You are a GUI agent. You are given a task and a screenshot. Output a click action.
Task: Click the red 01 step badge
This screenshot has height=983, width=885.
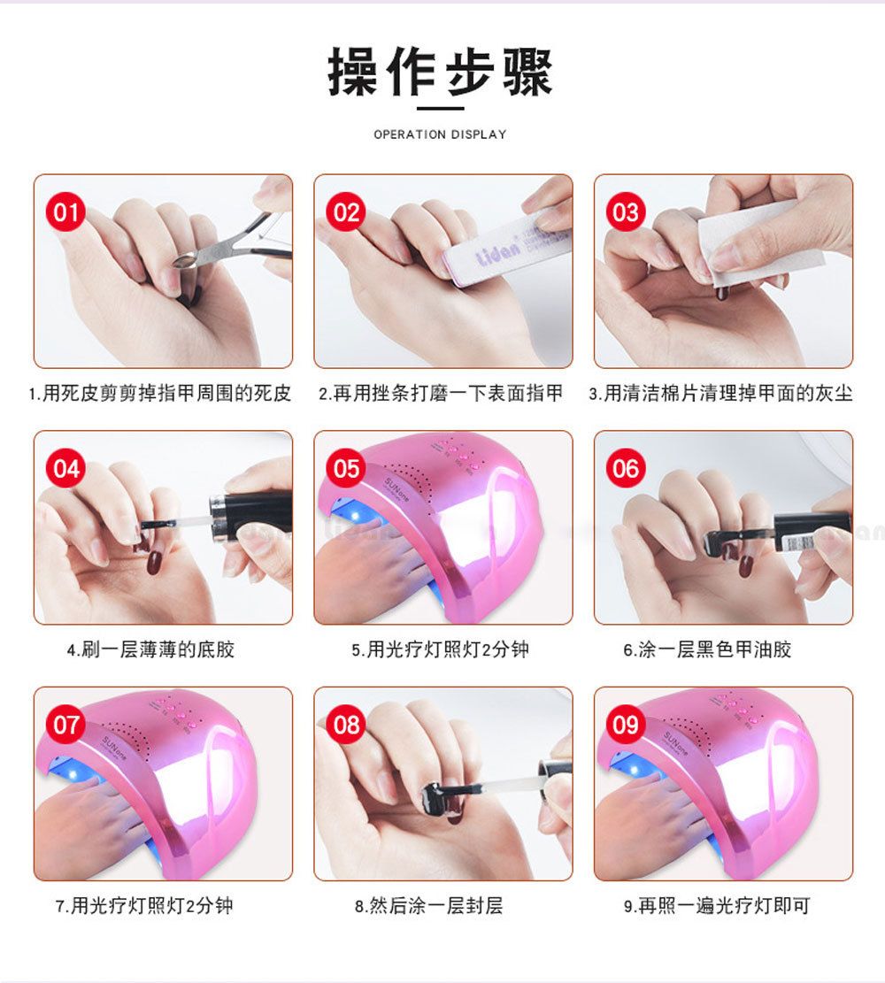[x=65, y=212]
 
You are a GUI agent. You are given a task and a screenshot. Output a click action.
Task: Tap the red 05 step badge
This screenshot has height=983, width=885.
[x=346, y=468]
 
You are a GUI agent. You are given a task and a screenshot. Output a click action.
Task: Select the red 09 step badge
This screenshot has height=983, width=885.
[x=626, y=725]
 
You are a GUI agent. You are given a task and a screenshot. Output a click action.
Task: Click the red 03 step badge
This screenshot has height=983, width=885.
[x=626, y=212]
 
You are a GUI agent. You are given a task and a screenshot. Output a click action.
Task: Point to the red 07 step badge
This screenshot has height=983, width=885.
[x=65, y=725]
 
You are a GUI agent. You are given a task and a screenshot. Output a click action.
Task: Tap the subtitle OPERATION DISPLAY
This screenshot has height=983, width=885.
[x=441, y=134]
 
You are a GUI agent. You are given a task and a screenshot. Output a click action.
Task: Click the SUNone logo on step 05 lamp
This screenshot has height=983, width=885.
[x=397, y=489]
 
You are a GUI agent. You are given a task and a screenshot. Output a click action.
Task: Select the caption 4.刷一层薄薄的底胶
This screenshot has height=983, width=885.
[x=150, y=649]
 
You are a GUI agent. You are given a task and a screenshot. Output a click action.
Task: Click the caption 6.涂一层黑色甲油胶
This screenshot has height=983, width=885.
[x=707, y=649]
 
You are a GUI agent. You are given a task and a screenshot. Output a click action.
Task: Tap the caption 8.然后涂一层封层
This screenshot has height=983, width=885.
[x=428, y=906]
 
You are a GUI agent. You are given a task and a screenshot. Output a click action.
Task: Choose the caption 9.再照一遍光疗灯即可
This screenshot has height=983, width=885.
[x=716, y=906]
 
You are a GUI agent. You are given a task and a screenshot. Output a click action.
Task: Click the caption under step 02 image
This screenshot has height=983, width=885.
[x=441, y=393]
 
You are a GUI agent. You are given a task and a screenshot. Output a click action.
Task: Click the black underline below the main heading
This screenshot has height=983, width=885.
[x=441, y=109]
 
